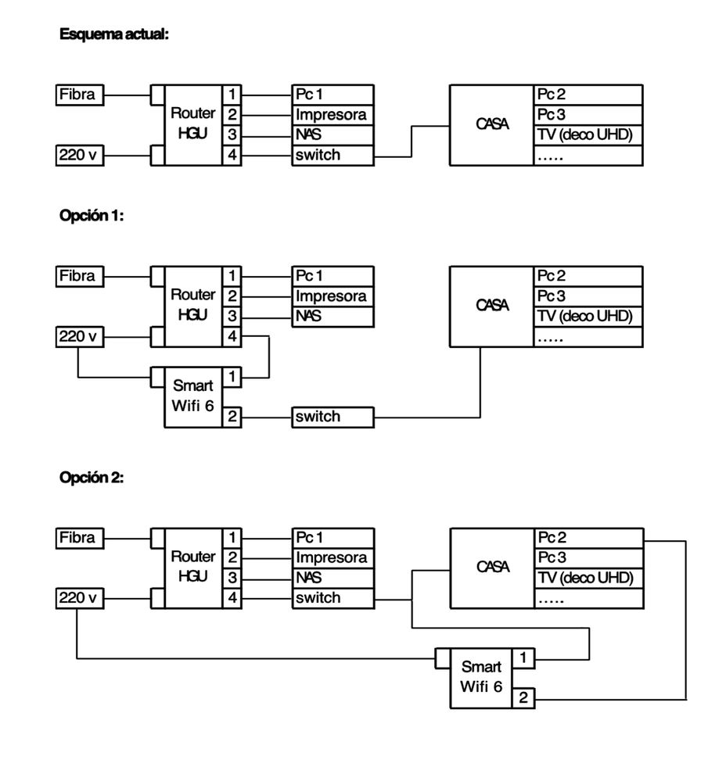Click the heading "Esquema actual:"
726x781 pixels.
pos(114,35)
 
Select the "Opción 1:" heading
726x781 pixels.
pos(92,217)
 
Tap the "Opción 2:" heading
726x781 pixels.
pos(92,478)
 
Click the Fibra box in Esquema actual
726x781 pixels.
pos(80,95)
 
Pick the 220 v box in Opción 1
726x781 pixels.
pos(80,337)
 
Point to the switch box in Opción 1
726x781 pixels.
pos(332,417)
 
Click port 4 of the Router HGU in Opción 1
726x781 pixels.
pos(232,337)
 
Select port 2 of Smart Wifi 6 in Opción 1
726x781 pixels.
pos(232,417)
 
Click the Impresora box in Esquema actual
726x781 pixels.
pos(332,115)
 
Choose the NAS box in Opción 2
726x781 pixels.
pos(332,578)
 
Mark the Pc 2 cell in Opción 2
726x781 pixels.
pos(588,538)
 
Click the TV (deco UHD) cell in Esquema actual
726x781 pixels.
pos(588,134)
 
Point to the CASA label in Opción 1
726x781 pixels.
pos(492,306)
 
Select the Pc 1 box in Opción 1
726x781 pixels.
pos(332,276)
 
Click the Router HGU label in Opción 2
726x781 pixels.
pos(192,567)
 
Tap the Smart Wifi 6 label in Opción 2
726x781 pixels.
pos(481,677)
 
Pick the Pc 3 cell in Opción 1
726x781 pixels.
pos(588,296)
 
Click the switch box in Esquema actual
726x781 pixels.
pos(332,155)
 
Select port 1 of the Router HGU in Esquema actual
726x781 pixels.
pos(232,95)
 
